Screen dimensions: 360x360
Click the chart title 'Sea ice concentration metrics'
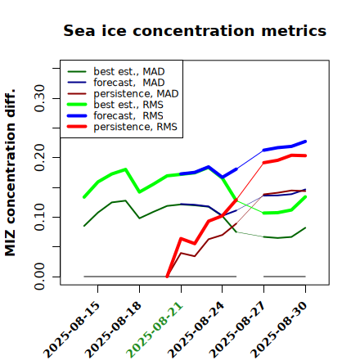tap(195, 30)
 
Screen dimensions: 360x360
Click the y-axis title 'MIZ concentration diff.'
tap(10, 173)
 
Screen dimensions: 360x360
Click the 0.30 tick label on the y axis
tap(39, 98)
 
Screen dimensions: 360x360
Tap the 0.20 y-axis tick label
tap(39, 158)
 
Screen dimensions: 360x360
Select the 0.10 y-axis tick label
tap(39, 217)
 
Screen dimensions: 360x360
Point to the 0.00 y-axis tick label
tap(39, 277)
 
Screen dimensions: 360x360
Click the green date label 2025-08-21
tap(155, 330)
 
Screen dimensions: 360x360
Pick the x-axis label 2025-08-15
tap(71, 330)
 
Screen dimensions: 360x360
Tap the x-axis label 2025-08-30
tap(279, 330)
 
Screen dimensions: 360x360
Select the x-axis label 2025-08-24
tap(196, 330)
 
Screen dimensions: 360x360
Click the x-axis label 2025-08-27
tap(237, 330)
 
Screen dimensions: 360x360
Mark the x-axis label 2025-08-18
tap(113, 330)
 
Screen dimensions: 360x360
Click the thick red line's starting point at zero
tap(167, 277)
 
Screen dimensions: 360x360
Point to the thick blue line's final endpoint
tap(305, 142)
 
